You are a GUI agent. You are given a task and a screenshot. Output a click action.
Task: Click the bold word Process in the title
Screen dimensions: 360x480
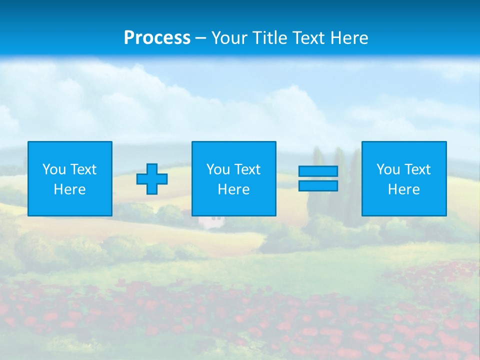(157, 37)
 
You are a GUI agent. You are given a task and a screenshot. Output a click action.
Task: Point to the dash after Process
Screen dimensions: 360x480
(201, 38)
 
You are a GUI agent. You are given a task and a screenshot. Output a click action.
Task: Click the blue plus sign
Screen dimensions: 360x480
(152, 179)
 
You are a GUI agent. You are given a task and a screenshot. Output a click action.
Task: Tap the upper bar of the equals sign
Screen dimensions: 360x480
(318, 171)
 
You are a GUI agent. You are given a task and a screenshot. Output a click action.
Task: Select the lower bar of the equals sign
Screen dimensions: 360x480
(318, 185)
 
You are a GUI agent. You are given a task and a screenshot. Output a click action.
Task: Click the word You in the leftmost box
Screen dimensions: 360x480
(54, 169)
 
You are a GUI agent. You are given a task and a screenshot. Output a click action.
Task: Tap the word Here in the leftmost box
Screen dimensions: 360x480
(69, 189)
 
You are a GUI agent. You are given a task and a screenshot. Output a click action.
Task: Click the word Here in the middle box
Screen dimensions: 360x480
(233, 189)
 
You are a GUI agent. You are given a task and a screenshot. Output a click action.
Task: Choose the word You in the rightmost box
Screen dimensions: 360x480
(388, 169)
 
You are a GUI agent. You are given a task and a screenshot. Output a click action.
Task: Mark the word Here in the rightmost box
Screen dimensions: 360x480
(403, 189)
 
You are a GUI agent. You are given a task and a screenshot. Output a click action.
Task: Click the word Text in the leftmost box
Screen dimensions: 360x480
(83, 169)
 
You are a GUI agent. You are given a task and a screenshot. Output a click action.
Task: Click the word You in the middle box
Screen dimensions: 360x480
(218, 169)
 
